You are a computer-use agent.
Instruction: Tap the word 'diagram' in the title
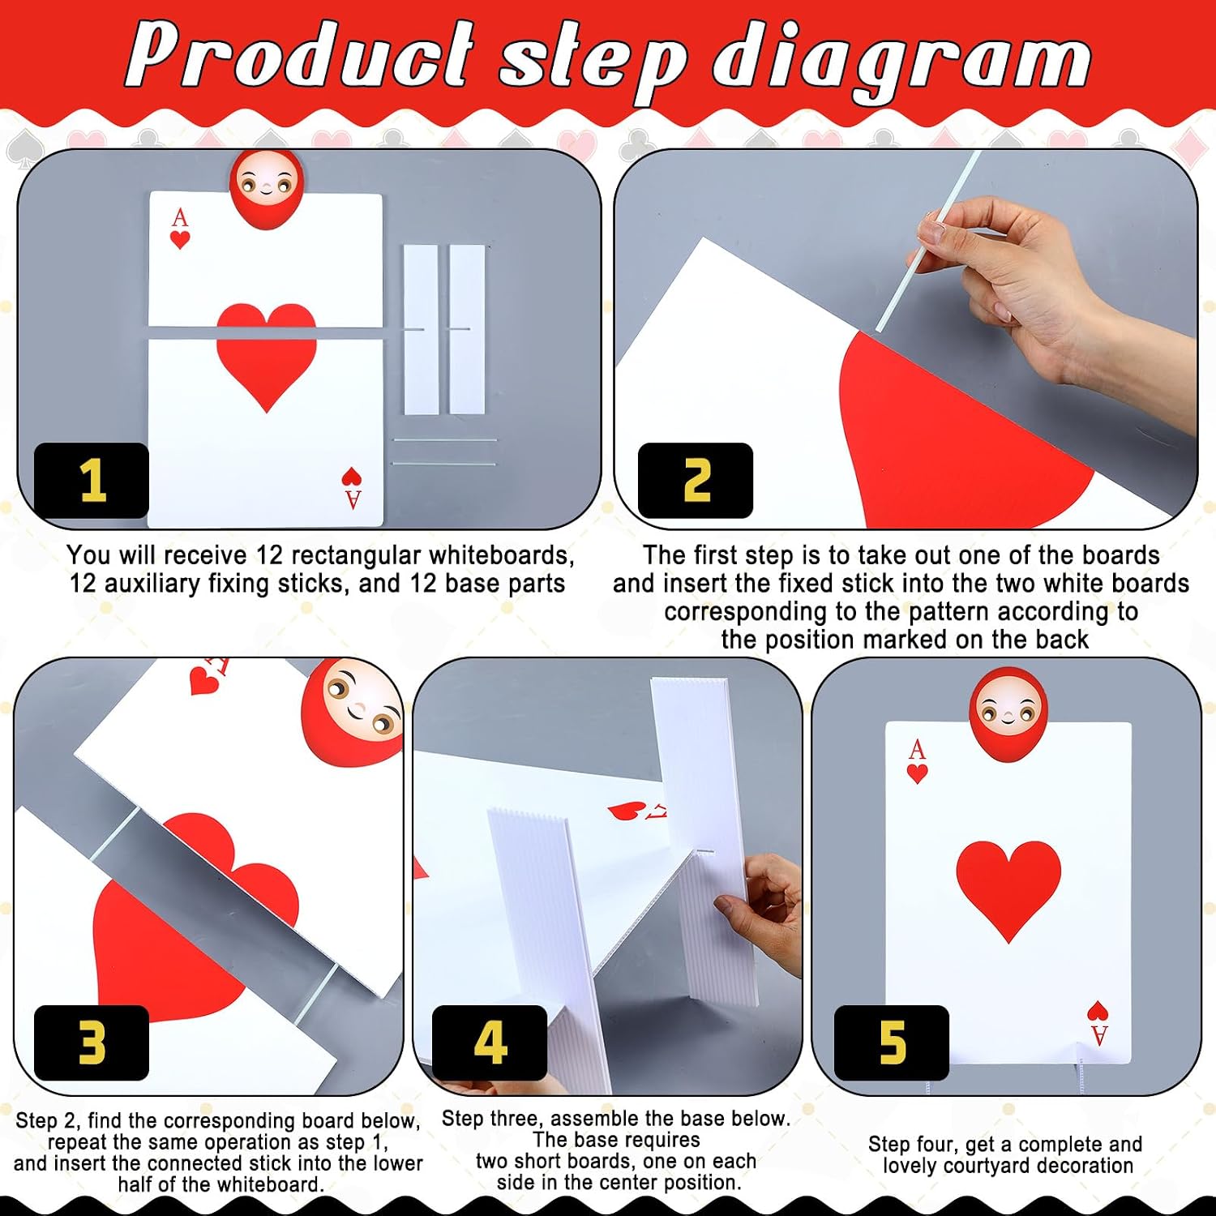pos(901,62)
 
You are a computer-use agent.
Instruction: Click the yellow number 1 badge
pos(92,481)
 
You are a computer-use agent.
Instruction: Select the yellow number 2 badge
pos(696,481)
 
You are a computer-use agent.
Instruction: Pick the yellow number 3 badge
pos(92,1043)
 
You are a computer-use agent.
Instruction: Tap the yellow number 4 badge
pos(490,1043)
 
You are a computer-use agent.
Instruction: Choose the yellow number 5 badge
pos(892,1043)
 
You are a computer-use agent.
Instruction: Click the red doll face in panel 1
pos(267,190)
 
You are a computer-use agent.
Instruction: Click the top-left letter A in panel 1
pos(180,217)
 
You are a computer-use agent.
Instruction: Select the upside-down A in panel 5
pos(1099,1035)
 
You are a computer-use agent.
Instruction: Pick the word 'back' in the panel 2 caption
pos(1060,640)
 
